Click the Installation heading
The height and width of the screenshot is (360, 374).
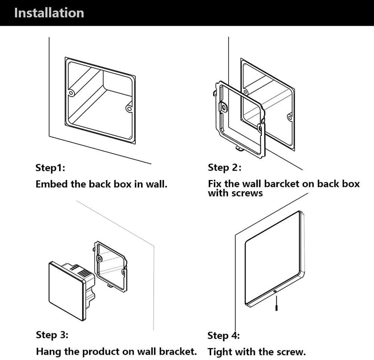[49, 13]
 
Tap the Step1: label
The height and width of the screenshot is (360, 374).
[50, 168]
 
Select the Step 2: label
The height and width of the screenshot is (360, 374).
[224, 167]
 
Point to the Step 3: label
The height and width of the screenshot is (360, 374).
[52, 335]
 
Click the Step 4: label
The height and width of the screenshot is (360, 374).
[223, 335]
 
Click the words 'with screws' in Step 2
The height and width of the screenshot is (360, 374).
[235, 193]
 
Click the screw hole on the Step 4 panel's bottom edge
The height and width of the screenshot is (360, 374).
[275, 291]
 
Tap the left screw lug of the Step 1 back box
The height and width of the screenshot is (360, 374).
[70, 92]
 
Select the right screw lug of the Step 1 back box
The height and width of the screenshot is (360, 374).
[129, 109]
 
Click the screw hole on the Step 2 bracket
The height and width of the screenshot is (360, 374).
[224, 107]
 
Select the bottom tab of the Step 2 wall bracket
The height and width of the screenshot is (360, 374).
[238, 149]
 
